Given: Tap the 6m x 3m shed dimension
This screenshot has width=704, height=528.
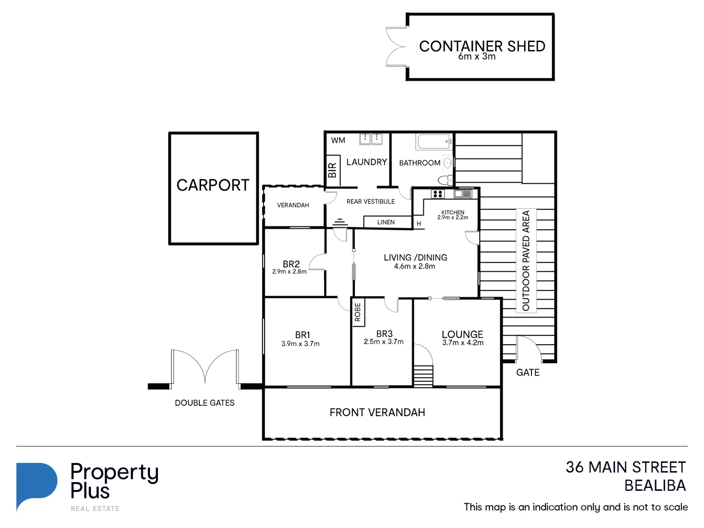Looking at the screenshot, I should pyautogui.click(x=477, y=57).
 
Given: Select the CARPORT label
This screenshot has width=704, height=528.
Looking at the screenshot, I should pyautogui.click(x=213, y=185).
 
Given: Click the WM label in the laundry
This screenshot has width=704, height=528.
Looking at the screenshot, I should pyautogui.click(x=338, y=140).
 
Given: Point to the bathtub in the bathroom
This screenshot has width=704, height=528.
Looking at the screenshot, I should pyautogui.click(x=433, y=142).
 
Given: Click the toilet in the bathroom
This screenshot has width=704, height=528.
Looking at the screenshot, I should pyautogui.click(x=445, y=180).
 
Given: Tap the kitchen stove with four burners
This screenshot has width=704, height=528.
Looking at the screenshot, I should pyautogui.click(x=438, y=194).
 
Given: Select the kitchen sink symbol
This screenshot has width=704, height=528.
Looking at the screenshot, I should pyautogui.click(x=463, y=194).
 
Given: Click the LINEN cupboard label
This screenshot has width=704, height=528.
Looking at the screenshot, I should pyautogui.click(x=386, y=222).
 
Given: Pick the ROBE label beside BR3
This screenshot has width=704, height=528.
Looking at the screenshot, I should pyautogui.click(x=358, y=312).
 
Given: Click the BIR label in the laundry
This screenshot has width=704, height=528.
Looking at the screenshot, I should pyautogui.click(x=332, y=170).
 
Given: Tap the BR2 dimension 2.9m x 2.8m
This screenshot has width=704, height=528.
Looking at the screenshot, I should pyautogui.click(x=289, y=272).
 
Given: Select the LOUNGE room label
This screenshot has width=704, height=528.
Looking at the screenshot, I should pyautogui.click(x=462, y=334).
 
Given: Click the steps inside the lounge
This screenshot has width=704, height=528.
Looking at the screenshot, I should pyautogui.click(x=423, y=376).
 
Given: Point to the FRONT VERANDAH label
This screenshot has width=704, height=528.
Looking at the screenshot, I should pyautogui.click(x=377, y=413).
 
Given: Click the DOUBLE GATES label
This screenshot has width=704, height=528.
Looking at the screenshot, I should pyautogui.click(x=204, y=403).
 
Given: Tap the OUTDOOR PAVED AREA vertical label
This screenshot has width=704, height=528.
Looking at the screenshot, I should pyautogui.click(x=526, y=260).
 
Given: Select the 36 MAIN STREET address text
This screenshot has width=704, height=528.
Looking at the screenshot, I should pyautogui.click(x=625, y=467).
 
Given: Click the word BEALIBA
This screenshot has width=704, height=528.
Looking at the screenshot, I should pyautogui.click(x=655, y=486).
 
